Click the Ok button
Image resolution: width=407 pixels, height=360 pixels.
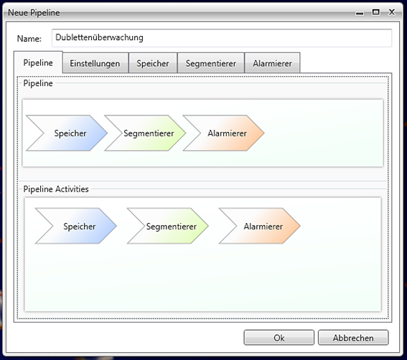(x=279, y=338)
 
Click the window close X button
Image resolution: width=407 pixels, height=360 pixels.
(x=392, y=12)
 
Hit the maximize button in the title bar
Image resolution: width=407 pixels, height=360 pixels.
(x=376, y=12)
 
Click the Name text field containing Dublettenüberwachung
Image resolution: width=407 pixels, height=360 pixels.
(x=222, y=38)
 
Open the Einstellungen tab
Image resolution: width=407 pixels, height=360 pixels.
(x=95, y=63)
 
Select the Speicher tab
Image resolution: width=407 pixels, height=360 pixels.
(x=153, y=63)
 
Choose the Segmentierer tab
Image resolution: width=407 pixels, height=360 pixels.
(x=211, y=63)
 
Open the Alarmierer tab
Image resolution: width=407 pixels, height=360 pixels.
(x=272, y=63)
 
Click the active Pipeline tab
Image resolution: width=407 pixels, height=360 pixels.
(x=38, y=62)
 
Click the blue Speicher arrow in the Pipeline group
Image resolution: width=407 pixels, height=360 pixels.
(x=70, y=133)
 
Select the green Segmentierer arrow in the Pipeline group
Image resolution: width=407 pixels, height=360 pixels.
(x=149, y=133)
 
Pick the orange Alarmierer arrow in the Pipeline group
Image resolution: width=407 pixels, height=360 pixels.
(x=227, y=133)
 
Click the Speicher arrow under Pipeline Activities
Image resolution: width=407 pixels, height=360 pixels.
(x=79, y=226)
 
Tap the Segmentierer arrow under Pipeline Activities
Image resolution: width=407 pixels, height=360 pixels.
(x=172, y=226)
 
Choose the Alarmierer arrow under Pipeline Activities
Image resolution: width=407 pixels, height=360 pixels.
(x=263, y=226)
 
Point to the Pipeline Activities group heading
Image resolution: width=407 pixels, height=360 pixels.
(x=56, y=189)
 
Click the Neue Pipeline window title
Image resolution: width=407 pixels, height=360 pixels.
(x=34, y=12)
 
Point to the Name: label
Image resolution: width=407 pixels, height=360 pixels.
(x=29, y=39)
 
